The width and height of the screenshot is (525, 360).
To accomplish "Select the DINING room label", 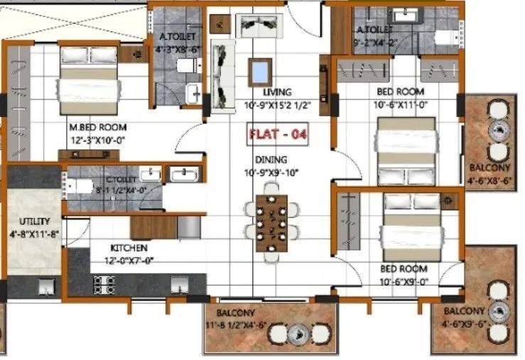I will click(271, 160).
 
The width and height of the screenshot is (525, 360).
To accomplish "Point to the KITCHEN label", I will click(129, 248).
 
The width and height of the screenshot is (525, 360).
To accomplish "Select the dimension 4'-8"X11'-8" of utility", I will click(33, 231).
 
